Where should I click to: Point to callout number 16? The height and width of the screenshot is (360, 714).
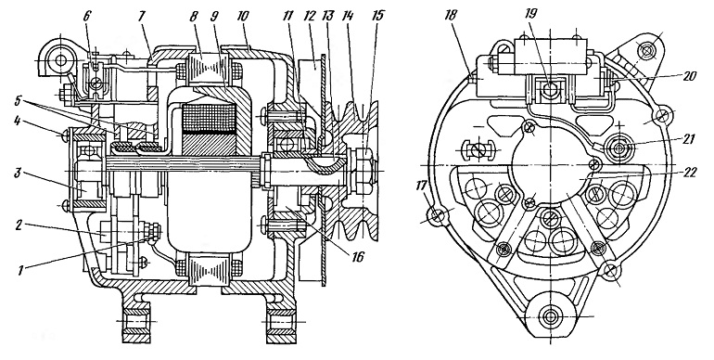click(x=357, y=257)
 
